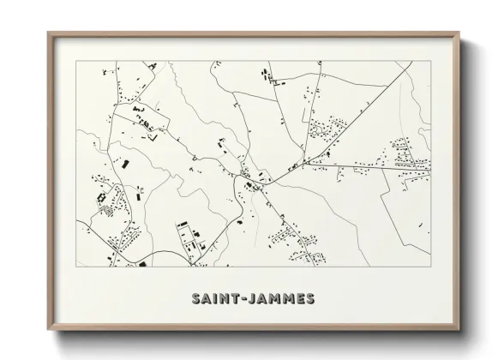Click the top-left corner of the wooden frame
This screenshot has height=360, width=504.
[x=48, y=33]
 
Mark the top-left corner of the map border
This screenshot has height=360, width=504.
[x=76, y=62]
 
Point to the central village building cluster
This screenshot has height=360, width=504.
[x=254, y=177]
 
